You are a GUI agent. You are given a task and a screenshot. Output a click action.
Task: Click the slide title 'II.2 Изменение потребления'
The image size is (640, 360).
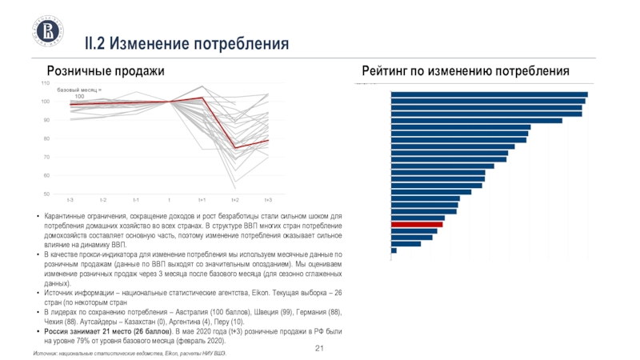187,41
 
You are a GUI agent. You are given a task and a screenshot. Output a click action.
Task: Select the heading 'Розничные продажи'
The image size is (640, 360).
106,72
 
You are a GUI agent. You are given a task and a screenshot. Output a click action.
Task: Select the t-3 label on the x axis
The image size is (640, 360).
70,199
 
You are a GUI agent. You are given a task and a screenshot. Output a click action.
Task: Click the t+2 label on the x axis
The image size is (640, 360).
235,199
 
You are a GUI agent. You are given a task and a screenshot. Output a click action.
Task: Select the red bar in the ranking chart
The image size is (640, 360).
416,225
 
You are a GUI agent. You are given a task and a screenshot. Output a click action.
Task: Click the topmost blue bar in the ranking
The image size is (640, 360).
489,94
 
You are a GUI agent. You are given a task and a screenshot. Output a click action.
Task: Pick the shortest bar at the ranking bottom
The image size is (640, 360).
394,250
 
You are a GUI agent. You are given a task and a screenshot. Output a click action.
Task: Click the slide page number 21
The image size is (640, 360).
319,349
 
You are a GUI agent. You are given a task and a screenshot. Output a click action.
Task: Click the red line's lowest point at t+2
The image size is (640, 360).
235,148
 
